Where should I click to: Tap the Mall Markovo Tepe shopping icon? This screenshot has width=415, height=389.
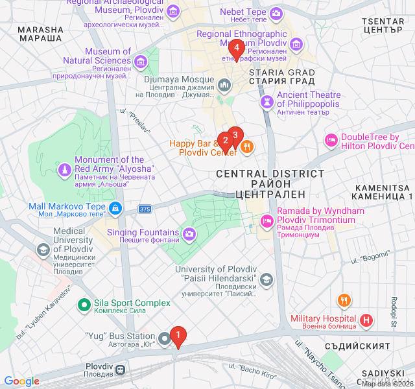(115, 207)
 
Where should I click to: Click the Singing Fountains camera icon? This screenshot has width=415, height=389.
(189, 233)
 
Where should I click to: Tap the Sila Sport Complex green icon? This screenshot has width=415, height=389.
(84, 303)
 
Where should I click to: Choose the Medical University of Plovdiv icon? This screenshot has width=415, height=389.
(43, 250)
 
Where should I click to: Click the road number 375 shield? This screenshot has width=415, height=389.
(145, 209)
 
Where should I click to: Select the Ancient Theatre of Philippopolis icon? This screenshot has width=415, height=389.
(267, 102)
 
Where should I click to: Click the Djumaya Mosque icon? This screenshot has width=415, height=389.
(224, 85)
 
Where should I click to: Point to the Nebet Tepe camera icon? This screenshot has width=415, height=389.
(276, 13)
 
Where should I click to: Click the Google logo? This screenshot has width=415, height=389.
(21, 381)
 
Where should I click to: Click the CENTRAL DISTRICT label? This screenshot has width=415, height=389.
(270, 174)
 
